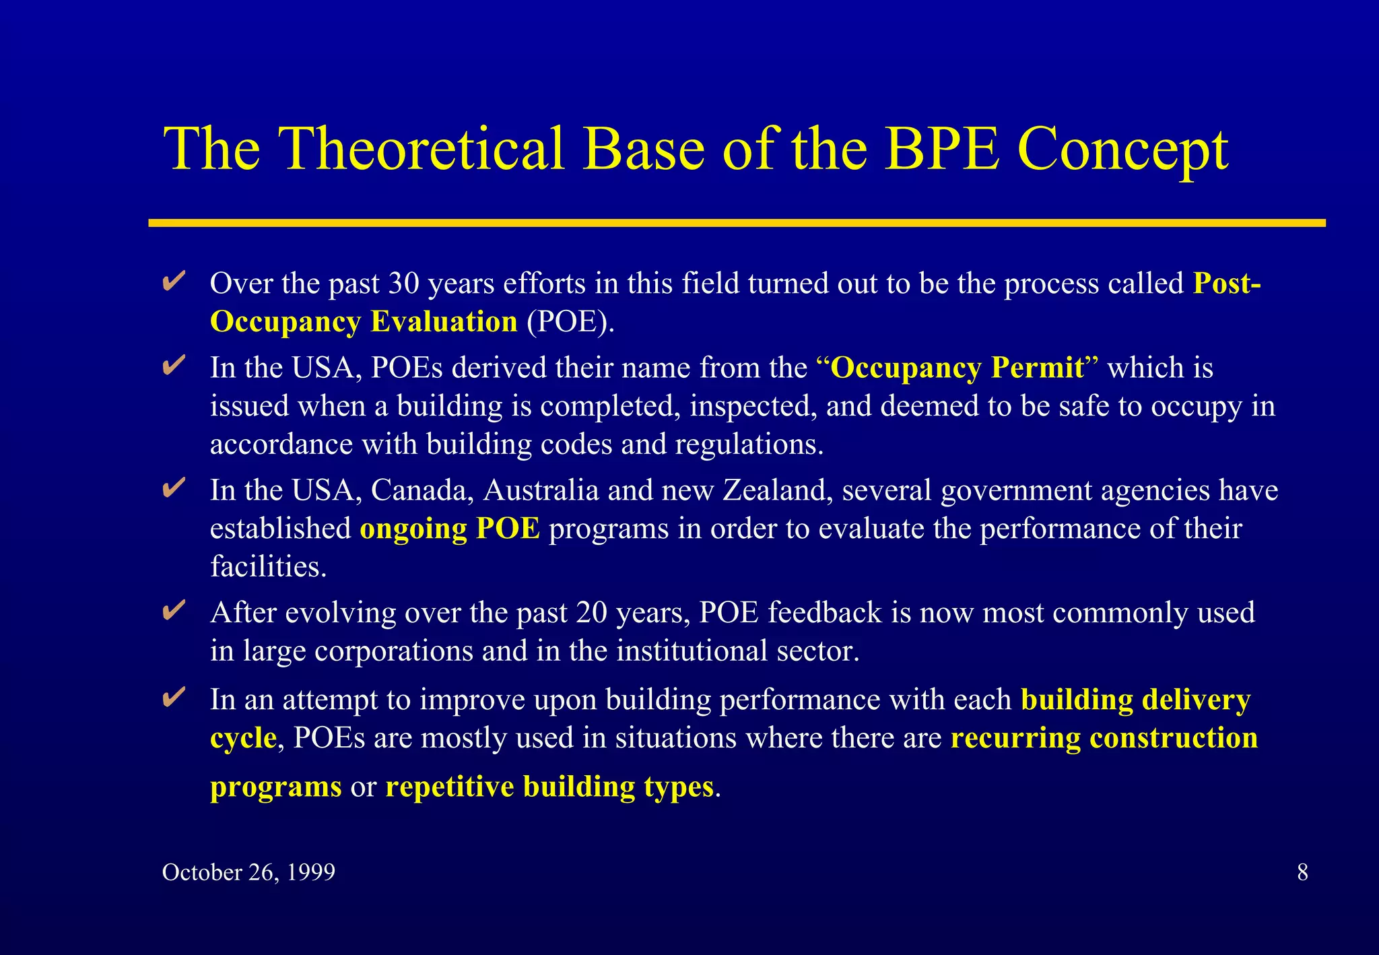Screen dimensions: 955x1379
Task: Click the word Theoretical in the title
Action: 421,149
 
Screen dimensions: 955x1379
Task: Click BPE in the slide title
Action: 942,149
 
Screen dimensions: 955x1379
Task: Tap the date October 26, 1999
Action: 248,872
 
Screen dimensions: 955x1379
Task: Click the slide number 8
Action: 1302,872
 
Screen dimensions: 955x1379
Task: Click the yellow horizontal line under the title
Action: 737,223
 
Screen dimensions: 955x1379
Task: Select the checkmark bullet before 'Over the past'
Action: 174,282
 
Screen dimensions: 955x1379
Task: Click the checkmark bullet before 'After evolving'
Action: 174,611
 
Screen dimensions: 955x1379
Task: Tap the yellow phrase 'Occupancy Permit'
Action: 957,368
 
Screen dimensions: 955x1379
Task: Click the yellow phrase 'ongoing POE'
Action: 449,529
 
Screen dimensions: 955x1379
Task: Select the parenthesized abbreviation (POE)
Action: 570,322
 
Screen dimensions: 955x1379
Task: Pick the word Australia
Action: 541,490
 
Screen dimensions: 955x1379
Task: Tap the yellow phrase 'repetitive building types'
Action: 549,787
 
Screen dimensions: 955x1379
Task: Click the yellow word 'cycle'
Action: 242,738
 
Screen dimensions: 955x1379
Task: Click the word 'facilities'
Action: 267,567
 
